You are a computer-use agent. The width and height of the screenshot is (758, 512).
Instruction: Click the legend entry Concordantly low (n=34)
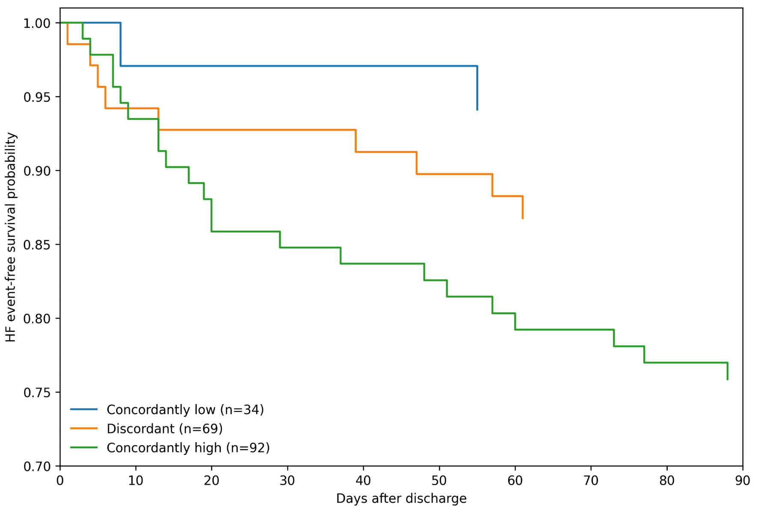[x=185, y=410]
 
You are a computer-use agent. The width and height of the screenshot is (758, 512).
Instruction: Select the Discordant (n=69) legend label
[x=165, y=429]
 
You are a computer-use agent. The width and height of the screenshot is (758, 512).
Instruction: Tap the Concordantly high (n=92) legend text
[x=188, y=448]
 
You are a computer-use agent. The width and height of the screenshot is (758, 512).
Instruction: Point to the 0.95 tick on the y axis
[x=37, y=97]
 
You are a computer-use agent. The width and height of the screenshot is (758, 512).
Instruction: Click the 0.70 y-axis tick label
[x=37, y=466]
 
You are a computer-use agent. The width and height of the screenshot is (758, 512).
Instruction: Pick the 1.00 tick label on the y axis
[x=37, y=23]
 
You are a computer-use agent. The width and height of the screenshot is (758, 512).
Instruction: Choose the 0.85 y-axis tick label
[x=37, y=245]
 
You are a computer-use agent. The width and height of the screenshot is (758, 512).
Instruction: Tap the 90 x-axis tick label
[x=743, y=481]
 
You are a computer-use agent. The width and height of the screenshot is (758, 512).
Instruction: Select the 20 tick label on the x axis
[x=212, y=481]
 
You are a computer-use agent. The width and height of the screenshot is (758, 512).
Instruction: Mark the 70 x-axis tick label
[x=591, y=481]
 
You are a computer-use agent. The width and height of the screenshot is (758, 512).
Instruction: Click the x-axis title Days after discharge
[x=401, y=499]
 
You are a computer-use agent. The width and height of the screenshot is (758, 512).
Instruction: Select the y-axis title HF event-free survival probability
[x=11, y=237]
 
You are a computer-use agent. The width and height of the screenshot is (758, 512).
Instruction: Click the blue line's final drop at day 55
[x=477, y=88]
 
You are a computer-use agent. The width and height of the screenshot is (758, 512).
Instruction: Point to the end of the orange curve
[x=523, y=219]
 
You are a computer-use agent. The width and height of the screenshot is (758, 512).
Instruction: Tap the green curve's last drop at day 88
[x=727, y=371]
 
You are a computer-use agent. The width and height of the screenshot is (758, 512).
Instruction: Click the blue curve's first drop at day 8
[x=121, y=44]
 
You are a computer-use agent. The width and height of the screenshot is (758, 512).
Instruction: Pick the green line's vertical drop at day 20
[x=211, y=215]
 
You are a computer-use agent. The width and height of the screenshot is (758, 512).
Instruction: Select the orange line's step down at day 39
[x=355, y=141]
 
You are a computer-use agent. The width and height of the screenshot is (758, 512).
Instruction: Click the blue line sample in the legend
[x=84, y=410]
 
